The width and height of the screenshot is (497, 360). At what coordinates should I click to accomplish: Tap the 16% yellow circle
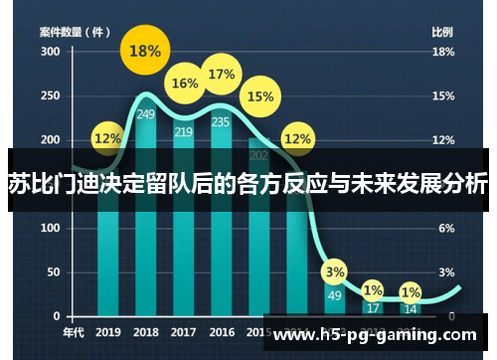pyautogui.click(x=185, y=84)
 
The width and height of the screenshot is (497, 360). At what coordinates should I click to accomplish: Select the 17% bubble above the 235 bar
pyautogui.click(x=222, y=74)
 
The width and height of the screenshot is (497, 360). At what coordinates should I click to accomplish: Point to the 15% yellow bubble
pyautogui.click(x=259, y=96)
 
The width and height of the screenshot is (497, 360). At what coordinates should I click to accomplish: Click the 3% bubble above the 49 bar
pyautogui.click(x=335, y=270)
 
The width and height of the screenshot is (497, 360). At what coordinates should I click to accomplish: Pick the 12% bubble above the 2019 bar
pyautogui.click(x=108, y=138)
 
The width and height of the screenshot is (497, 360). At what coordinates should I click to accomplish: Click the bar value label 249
pyautogui.click(x=146, y=114)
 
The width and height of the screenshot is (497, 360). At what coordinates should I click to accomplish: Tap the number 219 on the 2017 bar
pyautogui.click(x=184, y=131)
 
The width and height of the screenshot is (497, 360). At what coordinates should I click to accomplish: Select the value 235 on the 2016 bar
pyautogui.click(x=221, y=122)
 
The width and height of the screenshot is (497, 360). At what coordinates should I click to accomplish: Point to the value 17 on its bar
pyautogui.click(x=372, y=308)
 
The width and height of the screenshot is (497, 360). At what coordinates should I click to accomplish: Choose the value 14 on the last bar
pyautogui.click(x=410, y=309)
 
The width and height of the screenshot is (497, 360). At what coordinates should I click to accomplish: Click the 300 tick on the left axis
pyautogui.click(x=49, y=52)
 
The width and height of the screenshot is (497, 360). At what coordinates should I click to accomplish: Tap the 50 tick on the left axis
pyautogui.click(x=52, y=272)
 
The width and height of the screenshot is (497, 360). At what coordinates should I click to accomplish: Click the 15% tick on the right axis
pyautogui.click(x=442, y=95)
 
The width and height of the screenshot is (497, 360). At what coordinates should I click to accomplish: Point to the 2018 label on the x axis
pyautogui.click(x=146, y=332)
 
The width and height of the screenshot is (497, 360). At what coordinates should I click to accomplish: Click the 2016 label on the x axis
pyautogui.click(x=222, y=332)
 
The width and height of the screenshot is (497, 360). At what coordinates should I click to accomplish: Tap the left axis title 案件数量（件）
pyautogui.click(x=75, y=31)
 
